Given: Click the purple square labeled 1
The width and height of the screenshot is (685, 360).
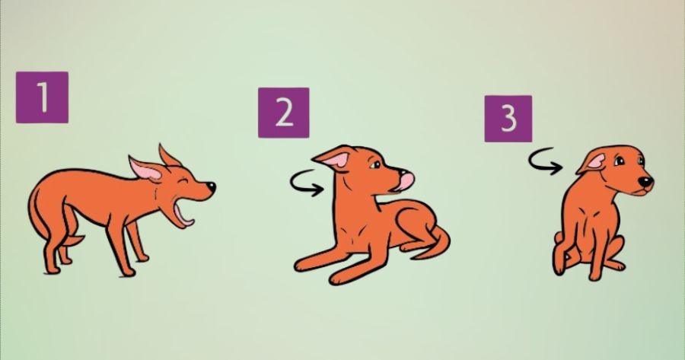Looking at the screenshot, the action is [42, 97].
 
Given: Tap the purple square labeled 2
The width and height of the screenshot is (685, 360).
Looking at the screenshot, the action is [284, 113].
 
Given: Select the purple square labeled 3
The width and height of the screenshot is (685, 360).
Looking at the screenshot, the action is [508, 119].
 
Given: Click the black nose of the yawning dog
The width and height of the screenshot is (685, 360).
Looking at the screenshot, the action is [211, 187].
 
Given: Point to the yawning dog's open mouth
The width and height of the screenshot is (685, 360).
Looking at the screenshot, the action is [183, 213].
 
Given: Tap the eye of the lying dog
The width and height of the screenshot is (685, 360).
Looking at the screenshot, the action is [376, 164].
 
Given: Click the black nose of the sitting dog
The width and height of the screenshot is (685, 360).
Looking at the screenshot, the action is [645, 181].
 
